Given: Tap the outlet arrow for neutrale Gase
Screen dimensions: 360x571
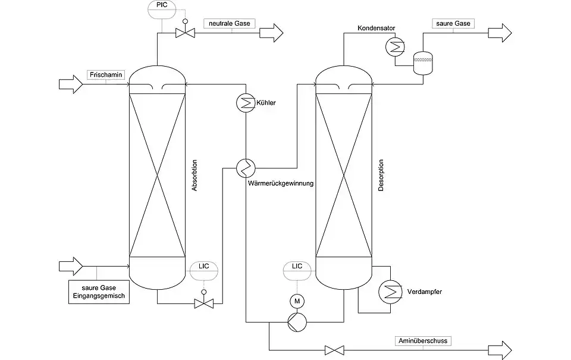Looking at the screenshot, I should pyautogui.click(x=272, y=33).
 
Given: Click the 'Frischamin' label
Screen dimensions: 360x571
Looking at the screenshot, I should pyautogui.click(x=105, y=75).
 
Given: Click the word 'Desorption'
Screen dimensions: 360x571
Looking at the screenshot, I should pyautogui.click(x=381, y=175).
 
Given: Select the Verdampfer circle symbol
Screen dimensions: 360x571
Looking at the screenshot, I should pyautogui.click(x=390, y=291).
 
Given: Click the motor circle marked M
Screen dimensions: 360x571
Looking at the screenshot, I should pyautogui.click(x=296, y=300).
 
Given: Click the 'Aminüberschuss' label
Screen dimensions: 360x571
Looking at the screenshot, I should pyautogui.click(x=423, y=341).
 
